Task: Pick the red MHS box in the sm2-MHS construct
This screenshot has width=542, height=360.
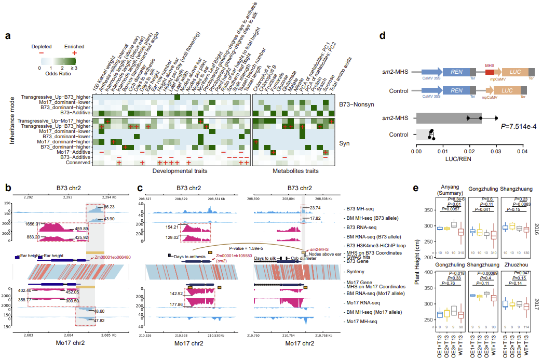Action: pos(490,74)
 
